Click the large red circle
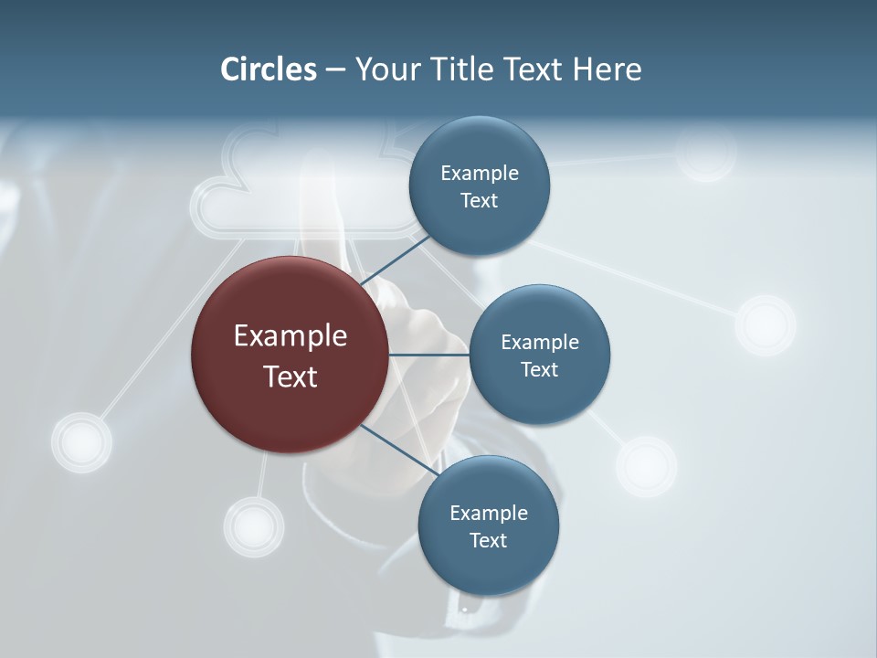pos(290,355)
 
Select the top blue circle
pos(479,186)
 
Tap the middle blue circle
pos(539,355)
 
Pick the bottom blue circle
pos(488,525)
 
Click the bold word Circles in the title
pos(269,69)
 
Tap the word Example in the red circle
pos(291,335)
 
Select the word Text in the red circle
pos(291,376)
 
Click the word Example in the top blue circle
pos(480,173)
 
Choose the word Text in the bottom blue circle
pos(488,540)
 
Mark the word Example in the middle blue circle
pos(540,342)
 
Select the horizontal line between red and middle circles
pos(429,355)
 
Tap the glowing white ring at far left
pos(81,442)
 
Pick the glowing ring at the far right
pos(766,324)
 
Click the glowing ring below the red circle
pos(254,527)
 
